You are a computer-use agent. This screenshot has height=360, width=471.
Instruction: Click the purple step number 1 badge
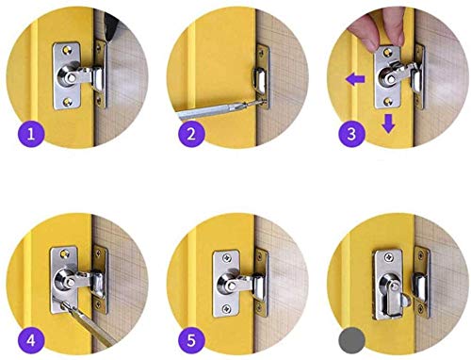[31, 134]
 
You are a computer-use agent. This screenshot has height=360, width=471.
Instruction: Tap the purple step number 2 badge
[191, 134]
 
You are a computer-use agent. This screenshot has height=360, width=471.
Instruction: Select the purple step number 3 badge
[351, 134]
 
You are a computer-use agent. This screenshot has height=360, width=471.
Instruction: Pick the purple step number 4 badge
[31, 340]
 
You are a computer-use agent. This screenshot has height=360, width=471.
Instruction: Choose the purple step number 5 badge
[191, 340]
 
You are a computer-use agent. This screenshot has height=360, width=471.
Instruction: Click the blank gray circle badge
[351, 340]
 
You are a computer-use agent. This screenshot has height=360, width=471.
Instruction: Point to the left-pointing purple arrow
[355, 78]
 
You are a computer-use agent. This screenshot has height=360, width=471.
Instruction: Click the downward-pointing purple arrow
[389, 123]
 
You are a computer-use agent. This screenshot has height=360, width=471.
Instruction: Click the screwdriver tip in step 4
[63, 303]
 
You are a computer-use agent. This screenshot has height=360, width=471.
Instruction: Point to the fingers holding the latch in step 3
[377, 30]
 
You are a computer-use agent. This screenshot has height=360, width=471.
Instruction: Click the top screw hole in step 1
[67, 50]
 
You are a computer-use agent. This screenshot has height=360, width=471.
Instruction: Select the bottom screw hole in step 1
[67, 102]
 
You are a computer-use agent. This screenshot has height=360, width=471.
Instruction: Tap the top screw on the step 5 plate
[227, 258]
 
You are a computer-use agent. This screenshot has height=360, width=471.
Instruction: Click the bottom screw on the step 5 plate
[226, 309]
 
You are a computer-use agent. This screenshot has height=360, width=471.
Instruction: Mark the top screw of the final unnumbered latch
[389, 257]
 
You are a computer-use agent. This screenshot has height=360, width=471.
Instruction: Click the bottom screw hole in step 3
[388, 101]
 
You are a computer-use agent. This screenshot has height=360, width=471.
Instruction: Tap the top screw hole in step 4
[64, 253]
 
